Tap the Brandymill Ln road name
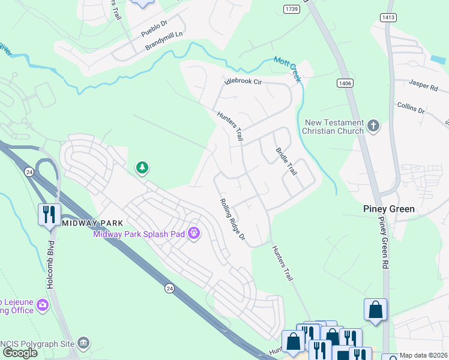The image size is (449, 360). click(164, 41)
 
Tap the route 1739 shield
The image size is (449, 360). click(291, 8)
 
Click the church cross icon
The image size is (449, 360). click(373, 126)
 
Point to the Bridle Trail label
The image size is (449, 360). click(286, 161)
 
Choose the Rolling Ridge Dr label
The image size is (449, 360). click(233, 220)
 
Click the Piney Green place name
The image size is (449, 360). click(389, 209)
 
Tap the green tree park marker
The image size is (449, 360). click(142, 167)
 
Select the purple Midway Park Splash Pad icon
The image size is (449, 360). click(194, 233)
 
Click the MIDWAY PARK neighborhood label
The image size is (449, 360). click(86, 223)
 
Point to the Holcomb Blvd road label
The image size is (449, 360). click(51, 264)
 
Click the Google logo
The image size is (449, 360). click(20, 353)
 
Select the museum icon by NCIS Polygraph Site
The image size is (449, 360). click(84, 343)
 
